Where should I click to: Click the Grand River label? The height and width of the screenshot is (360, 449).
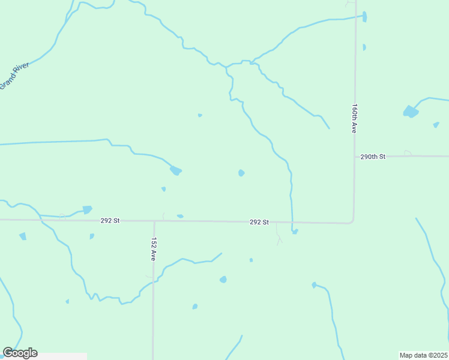pyautogui.click(x=14, y=76)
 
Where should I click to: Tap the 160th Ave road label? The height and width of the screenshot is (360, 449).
pyautogui.click(x=355, y=118)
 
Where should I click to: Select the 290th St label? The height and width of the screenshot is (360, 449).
pyautogui.click(x=372, y=157)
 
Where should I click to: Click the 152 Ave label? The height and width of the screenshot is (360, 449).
pyautogui.click(x=154, y=249)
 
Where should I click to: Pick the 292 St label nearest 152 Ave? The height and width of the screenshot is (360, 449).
pyautogui.click(x=110, y=221)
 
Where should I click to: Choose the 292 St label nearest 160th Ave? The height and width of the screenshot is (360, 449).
pyautogui.click(x=259, y=222)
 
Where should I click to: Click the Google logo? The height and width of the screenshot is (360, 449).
pyautogui.click(x=20, y=353)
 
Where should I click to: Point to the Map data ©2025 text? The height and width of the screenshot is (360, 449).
pyautogui.click(x=423, y=355)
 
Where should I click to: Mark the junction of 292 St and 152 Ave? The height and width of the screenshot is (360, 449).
pyautogui.click(x=154, y=221)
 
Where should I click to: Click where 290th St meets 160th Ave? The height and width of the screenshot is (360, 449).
pyautogui.click(x=354, y=157)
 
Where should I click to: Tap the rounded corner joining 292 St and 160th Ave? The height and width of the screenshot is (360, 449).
pyautogui.click(x=352, y=221)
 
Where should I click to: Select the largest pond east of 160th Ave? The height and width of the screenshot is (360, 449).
pyautogui.click(x=411, y=112)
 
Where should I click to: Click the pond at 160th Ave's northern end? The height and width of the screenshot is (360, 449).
pyautogui.click(x=364, y=17)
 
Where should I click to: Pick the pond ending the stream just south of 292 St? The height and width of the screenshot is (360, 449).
pyautogui.click(x=294, y=231)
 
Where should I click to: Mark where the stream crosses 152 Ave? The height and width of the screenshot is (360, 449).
pyautogui.click(x=154, y=280)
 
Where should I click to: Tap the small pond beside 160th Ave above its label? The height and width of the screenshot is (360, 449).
pyautogui.click(x=364, y=47)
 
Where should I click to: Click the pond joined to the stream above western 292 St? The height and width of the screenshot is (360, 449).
pyautogui.click(x=87, y=209)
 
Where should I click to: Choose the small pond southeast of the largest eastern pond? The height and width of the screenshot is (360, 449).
pyautogui.click(x=436, y=125)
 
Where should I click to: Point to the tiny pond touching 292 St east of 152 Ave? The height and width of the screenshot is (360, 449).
pyautogui.click(x=180, y=216)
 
